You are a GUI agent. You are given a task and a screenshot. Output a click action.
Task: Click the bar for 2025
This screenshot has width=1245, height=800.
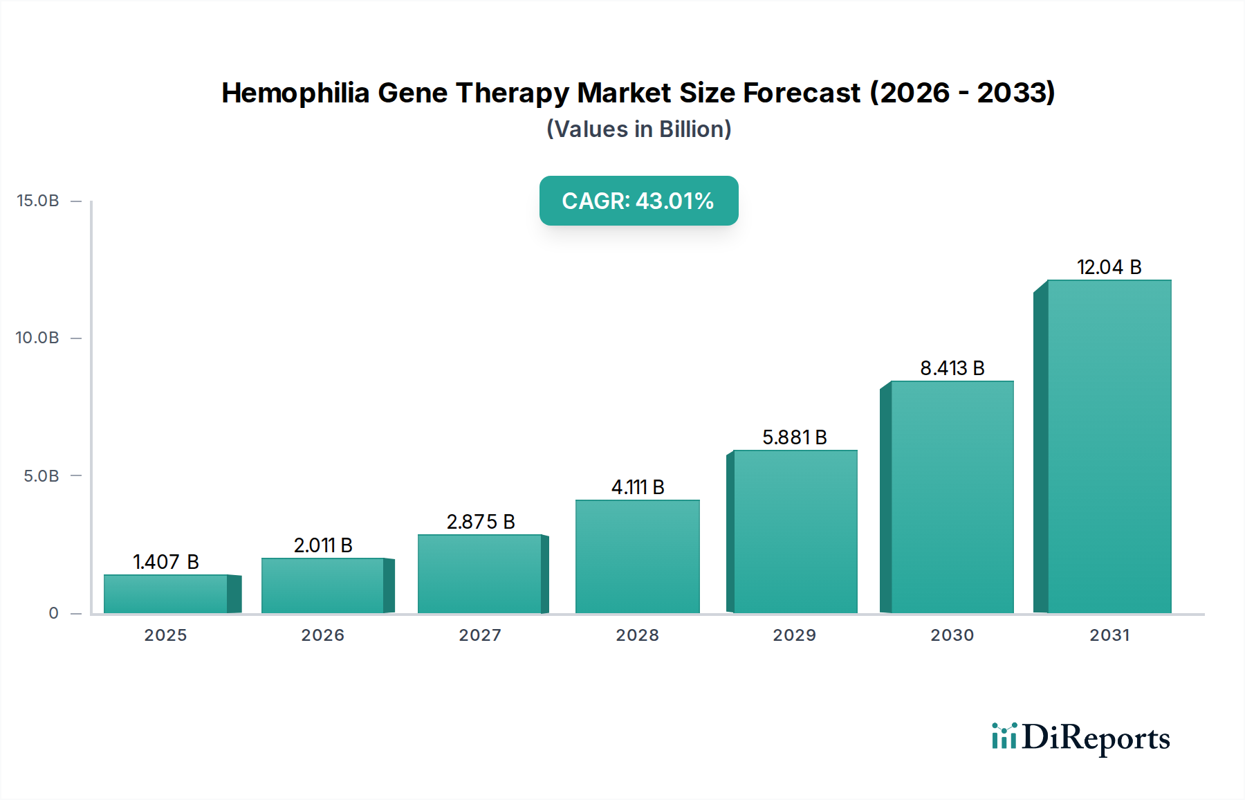coord(166,594)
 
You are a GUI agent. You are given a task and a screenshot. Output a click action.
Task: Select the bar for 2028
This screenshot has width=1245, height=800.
coord(637,556)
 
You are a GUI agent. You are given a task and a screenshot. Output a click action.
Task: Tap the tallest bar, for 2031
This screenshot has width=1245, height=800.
coord(1109,446)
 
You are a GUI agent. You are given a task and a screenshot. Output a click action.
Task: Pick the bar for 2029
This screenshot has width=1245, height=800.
coord(795,531)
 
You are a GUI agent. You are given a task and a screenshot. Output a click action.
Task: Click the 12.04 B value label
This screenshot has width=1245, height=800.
coord(1109,267)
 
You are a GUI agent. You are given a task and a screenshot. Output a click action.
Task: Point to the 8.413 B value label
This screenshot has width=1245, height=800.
coord(952,368)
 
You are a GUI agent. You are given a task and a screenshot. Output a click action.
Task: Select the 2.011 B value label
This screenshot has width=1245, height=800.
coord(323,545)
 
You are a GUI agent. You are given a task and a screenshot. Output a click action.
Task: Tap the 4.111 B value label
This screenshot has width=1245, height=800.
coord(637,487)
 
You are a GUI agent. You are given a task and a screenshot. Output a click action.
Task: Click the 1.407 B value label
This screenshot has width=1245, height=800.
coord(166,562)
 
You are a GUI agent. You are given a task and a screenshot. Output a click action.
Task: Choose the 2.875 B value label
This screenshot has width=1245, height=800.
coord(481,522)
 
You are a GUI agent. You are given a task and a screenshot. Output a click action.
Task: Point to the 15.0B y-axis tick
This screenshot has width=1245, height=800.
coord(38,201)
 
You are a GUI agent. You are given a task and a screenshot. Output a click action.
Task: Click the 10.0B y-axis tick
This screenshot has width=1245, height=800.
coord(38,338)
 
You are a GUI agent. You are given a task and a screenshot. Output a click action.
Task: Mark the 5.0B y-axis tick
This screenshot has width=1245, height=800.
coord(41,476)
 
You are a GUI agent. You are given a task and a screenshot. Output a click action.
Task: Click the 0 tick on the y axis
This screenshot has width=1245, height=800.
coord(54,613)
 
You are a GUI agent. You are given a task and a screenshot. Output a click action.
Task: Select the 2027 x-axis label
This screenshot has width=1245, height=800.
coord(480,635)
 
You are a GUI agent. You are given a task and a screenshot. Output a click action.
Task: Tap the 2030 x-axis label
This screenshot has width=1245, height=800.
coord(952,635)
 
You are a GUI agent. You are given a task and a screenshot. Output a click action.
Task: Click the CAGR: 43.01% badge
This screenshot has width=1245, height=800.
coord(638,201)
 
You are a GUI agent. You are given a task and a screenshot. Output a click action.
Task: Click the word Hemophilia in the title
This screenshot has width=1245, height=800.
coord(295,93)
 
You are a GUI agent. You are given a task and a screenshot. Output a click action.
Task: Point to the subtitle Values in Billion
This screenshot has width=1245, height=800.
coord(638,129)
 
